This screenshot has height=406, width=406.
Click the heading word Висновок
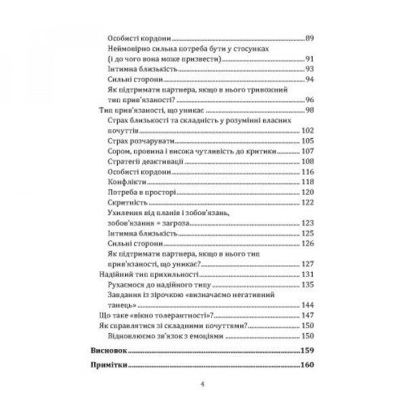(109, 351)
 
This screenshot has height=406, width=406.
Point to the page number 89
(311, 38)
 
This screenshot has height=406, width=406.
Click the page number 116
(309, 171)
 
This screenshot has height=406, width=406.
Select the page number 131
(309, 274)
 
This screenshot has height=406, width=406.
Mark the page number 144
(309, 304)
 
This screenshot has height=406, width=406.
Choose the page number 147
(309, 315)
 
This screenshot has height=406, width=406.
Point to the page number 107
(309, 151)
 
